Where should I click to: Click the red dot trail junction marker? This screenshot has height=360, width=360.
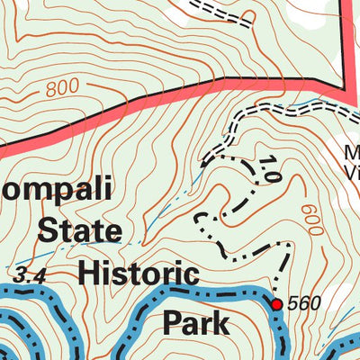(x=277, y=304)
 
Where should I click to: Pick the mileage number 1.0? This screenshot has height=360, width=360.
(x=267, y=168)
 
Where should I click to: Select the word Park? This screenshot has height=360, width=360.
(x=195, y=320)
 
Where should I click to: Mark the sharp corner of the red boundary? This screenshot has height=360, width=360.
(x=346, y=85)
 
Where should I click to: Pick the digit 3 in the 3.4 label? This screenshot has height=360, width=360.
(x=22, y=274)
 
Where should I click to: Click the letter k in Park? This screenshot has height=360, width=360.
(x=220, y=320)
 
